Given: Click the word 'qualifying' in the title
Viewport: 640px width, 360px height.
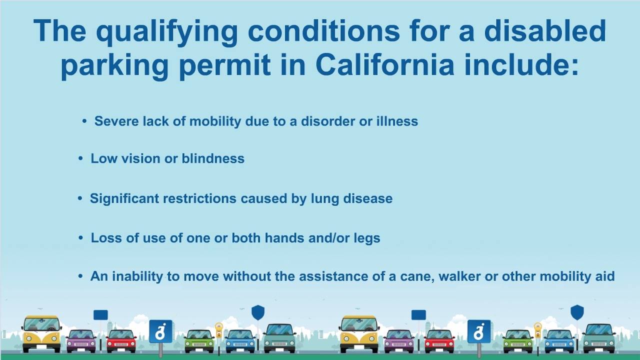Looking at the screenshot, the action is click(x=167, y=32).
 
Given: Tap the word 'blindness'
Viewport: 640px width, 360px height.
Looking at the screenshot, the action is click(x=213, y=158).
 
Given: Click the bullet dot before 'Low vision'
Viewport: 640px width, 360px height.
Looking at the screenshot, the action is click(x=80, y=158).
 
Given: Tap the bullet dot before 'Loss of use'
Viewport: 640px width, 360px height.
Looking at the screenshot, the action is click(x=80, y=237).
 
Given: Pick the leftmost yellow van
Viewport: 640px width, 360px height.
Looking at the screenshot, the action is click(x=41, y=333).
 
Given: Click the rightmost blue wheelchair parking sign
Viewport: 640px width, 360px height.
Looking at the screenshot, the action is click(x=479, y=332).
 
